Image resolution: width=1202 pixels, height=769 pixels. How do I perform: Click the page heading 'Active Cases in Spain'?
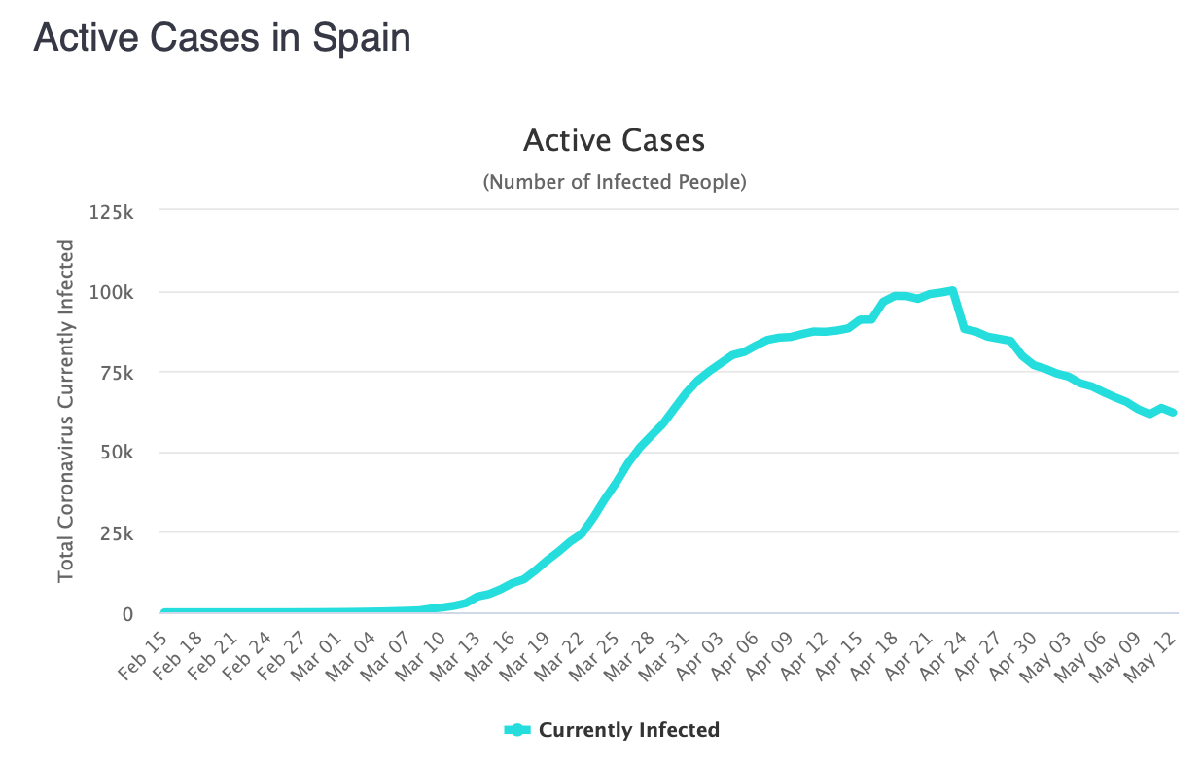point(222,38)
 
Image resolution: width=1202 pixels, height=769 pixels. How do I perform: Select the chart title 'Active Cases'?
point(614,141)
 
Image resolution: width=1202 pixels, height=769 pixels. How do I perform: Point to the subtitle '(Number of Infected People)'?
point(614,182)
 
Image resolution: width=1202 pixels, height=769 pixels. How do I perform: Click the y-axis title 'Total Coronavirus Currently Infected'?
point(66,412)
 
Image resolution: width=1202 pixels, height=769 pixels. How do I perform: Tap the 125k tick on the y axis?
point(115,211)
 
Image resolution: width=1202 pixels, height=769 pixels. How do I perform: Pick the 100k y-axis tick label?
point(115,292)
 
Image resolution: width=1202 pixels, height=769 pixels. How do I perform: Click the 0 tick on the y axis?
point(127,613)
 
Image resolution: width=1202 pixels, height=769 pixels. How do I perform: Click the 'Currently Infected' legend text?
point(629,730)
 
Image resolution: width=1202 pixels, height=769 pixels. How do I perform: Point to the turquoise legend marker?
point(517,730)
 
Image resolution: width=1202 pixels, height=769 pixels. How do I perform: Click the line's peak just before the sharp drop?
point(953,290)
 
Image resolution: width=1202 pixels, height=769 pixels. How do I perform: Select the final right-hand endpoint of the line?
point(1174,413)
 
